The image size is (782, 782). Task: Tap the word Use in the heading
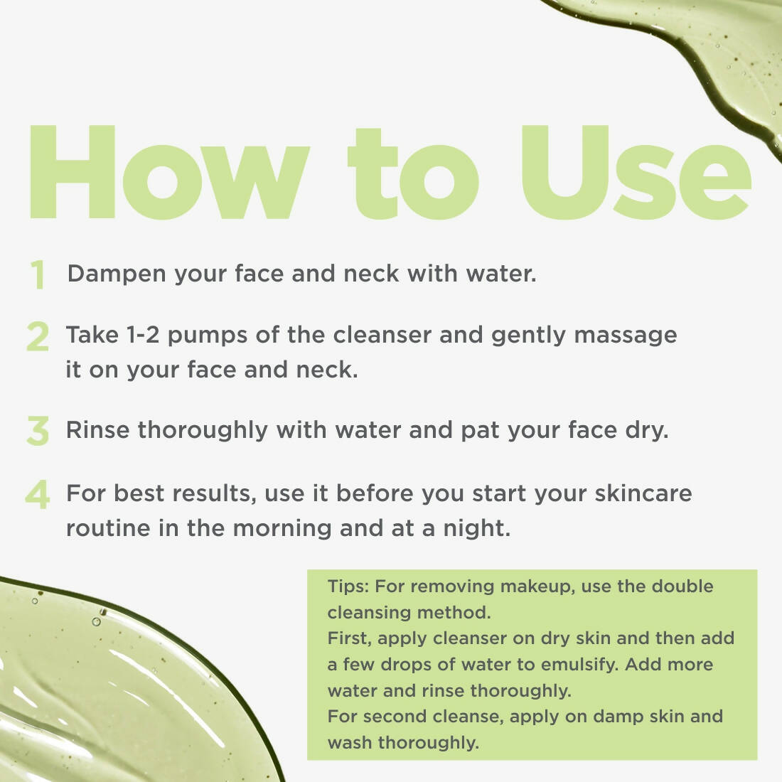636,172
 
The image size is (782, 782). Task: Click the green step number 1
38,274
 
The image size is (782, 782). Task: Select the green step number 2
38,336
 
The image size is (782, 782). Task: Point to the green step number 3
38,430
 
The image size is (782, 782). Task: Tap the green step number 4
38,494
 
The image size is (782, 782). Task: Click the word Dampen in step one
117,274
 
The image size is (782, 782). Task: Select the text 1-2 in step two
143,335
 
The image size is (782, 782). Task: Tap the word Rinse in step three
98,430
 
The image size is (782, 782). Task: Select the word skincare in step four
643,493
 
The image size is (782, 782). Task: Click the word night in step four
477,530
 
